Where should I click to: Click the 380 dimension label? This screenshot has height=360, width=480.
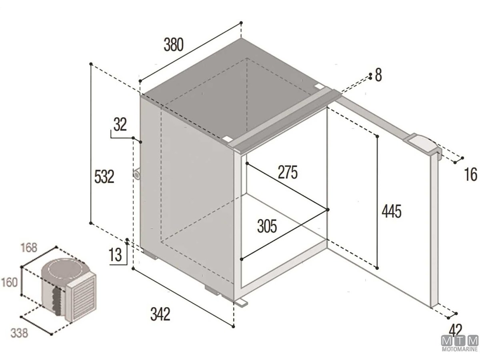tap(174, 44)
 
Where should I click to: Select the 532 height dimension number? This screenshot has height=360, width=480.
tap(104, 177)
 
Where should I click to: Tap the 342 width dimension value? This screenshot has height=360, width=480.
tap(160, 314)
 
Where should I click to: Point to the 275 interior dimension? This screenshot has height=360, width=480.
tap(288, 172)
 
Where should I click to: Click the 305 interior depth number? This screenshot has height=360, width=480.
tap(267, 226)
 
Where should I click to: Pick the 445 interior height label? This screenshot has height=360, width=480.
tap(392, 211)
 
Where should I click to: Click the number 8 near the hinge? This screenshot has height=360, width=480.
tap(378, 75)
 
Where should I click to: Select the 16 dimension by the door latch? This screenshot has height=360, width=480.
tap(470, 174)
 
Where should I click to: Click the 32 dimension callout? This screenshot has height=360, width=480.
tap(120, 124)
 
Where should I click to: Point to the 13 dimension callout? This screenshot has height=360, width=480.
tap(115, 255)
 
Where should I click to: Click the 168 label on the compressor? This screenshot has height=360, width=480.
tap(29, 248)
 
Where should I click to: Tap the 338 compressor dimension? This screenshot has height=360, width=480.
tap(19, 333)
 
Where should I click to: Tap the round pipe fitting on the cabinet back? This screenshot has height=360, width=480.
tap(137, 174)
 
